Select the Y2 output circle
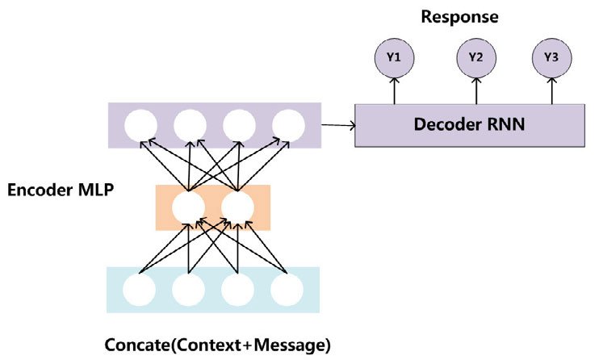[475, 58]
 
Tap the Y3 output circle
[551, 58]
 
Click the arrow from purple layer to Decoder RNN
[338, 124]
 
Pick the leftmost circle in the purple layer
[142, 125]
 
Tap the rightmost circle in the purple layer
[288, 125]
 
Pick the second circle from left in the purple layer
[191, 125]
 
